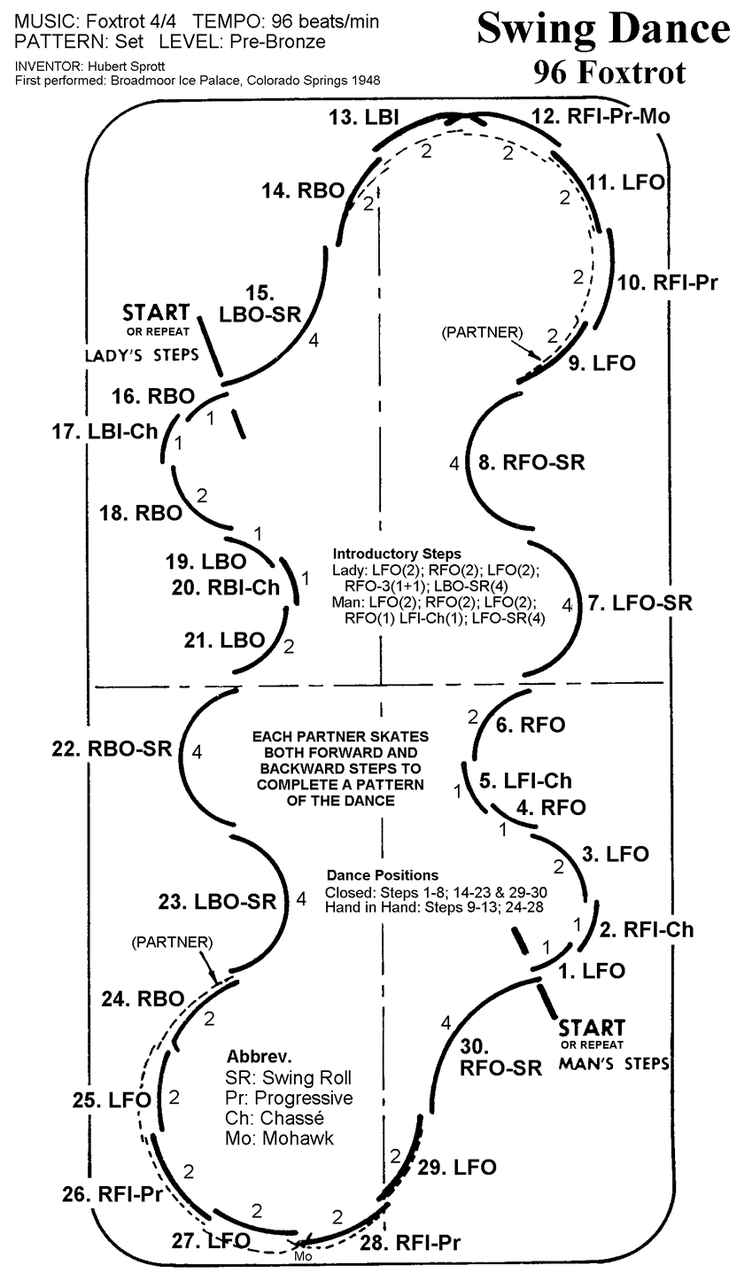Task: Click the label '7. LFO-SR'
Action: click(x=639, y=603)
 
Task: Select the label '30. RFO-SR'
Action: click(x=500, y=1056)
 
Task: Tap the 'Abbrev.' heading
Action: click(x=260, y=1057)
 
